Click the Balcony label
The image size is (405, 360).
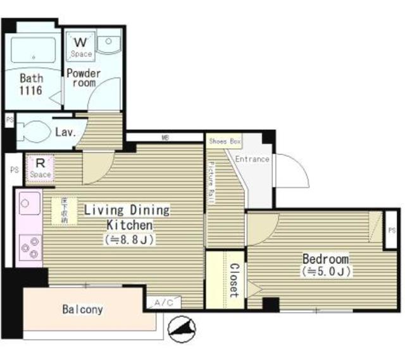pos(82,310)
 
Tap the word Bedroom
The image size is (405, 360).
pos(325,259)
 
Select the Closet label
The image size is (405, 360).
pos(233,280)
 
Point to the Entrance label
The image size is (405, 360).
pos(252,159)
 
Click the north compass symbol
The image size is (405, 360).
pos(181,328)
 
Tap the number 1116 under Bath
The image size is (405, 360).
pos(30,91)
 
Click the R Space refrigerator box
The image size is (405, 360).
pos(39,168)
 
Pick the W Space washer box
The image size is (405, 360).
pos(81,46)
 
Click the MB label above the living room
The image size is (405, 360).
pos(165,137)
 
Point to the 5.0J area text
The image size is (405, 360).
pos(326,272)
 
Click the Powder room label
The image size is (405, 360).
pos(84,78)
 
